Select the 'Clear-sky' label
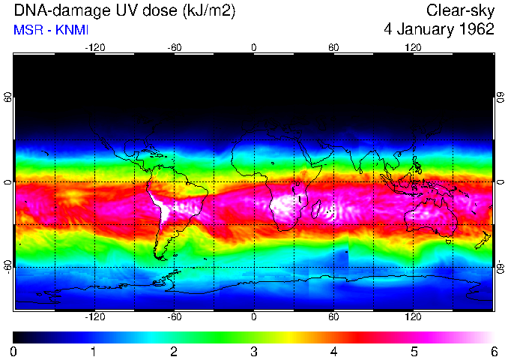(460, 11)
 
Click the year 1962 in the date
(474, 29)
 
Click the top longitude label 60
(333, 47)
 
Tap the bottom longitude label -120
(94, 316)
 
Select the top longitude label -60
(174, 47)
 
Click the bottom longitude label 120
(413, 316)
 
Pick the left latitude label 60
(7, 98)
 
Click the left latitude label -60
(7, 267)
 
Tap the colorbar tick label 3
(254, 351)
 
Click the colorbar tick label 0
(14, 351)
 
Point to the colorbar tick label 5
(414, 351)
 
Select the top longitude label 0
(254, 47)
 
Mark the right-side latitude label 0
(501, 183)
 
